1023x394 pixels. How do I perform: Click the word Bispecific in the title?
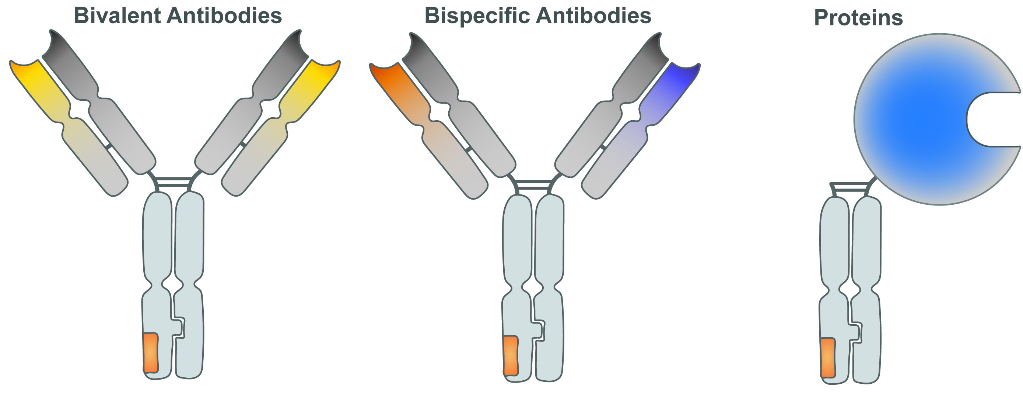(477, 16)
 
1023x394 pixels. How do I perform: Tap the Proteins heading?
(858, 18)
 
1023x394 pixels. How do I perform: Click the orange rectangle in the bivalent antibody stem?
(151, 353)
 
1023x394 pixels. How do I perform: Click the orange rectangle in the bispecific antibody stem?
(510, 355)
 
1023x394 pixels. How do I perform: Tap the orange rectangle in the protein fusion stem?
(828, 357)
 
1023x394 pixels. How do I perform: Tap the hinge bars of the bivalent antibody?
(174, 182)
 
